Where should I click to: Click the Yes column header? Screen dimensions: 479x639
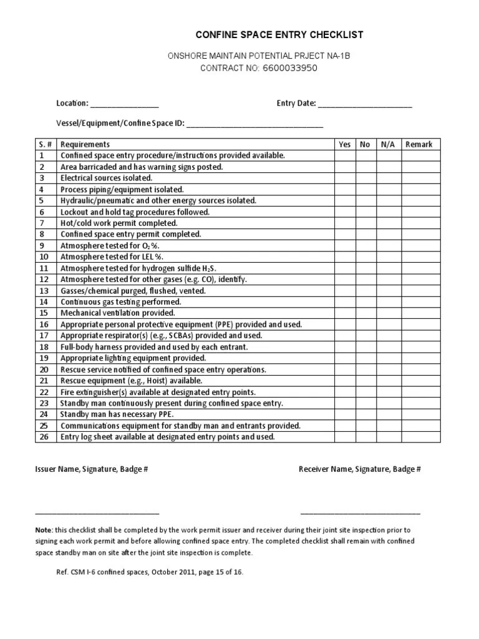point(345,144)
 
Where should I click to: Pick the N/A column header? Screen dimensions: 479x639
point(388,144)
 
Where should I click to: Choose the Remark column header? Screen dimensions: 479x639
point(419,144)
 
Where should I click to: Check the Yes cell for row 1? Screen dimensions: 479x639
point(345,155)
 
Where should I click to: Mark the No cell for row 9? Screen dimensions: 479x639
point(365,246)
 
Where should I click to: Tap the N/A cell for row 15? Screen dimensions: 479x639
point(388,313)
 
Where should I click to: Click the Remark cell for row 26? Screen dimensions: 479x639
point(421,437)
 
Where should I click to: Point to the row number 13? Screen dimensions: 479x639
point(44,291)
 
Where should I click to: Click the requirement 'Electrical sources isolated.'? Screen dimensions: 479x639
point(106,178)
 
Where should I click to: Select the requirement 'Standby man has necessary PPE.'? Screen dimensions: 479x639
point(117,414)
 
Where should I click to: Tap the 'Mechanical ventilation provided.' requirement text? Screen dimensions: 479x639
point(118,313)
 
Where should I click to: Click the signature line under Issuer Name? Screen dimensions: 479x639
point(97,514)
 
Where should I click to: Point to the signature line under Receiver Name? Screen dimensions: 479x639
point(360,514)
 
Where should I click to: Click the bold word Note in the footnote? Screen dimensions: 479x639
point(44,530)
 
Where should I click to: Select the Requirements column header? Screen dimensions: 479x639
point(85,144)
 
